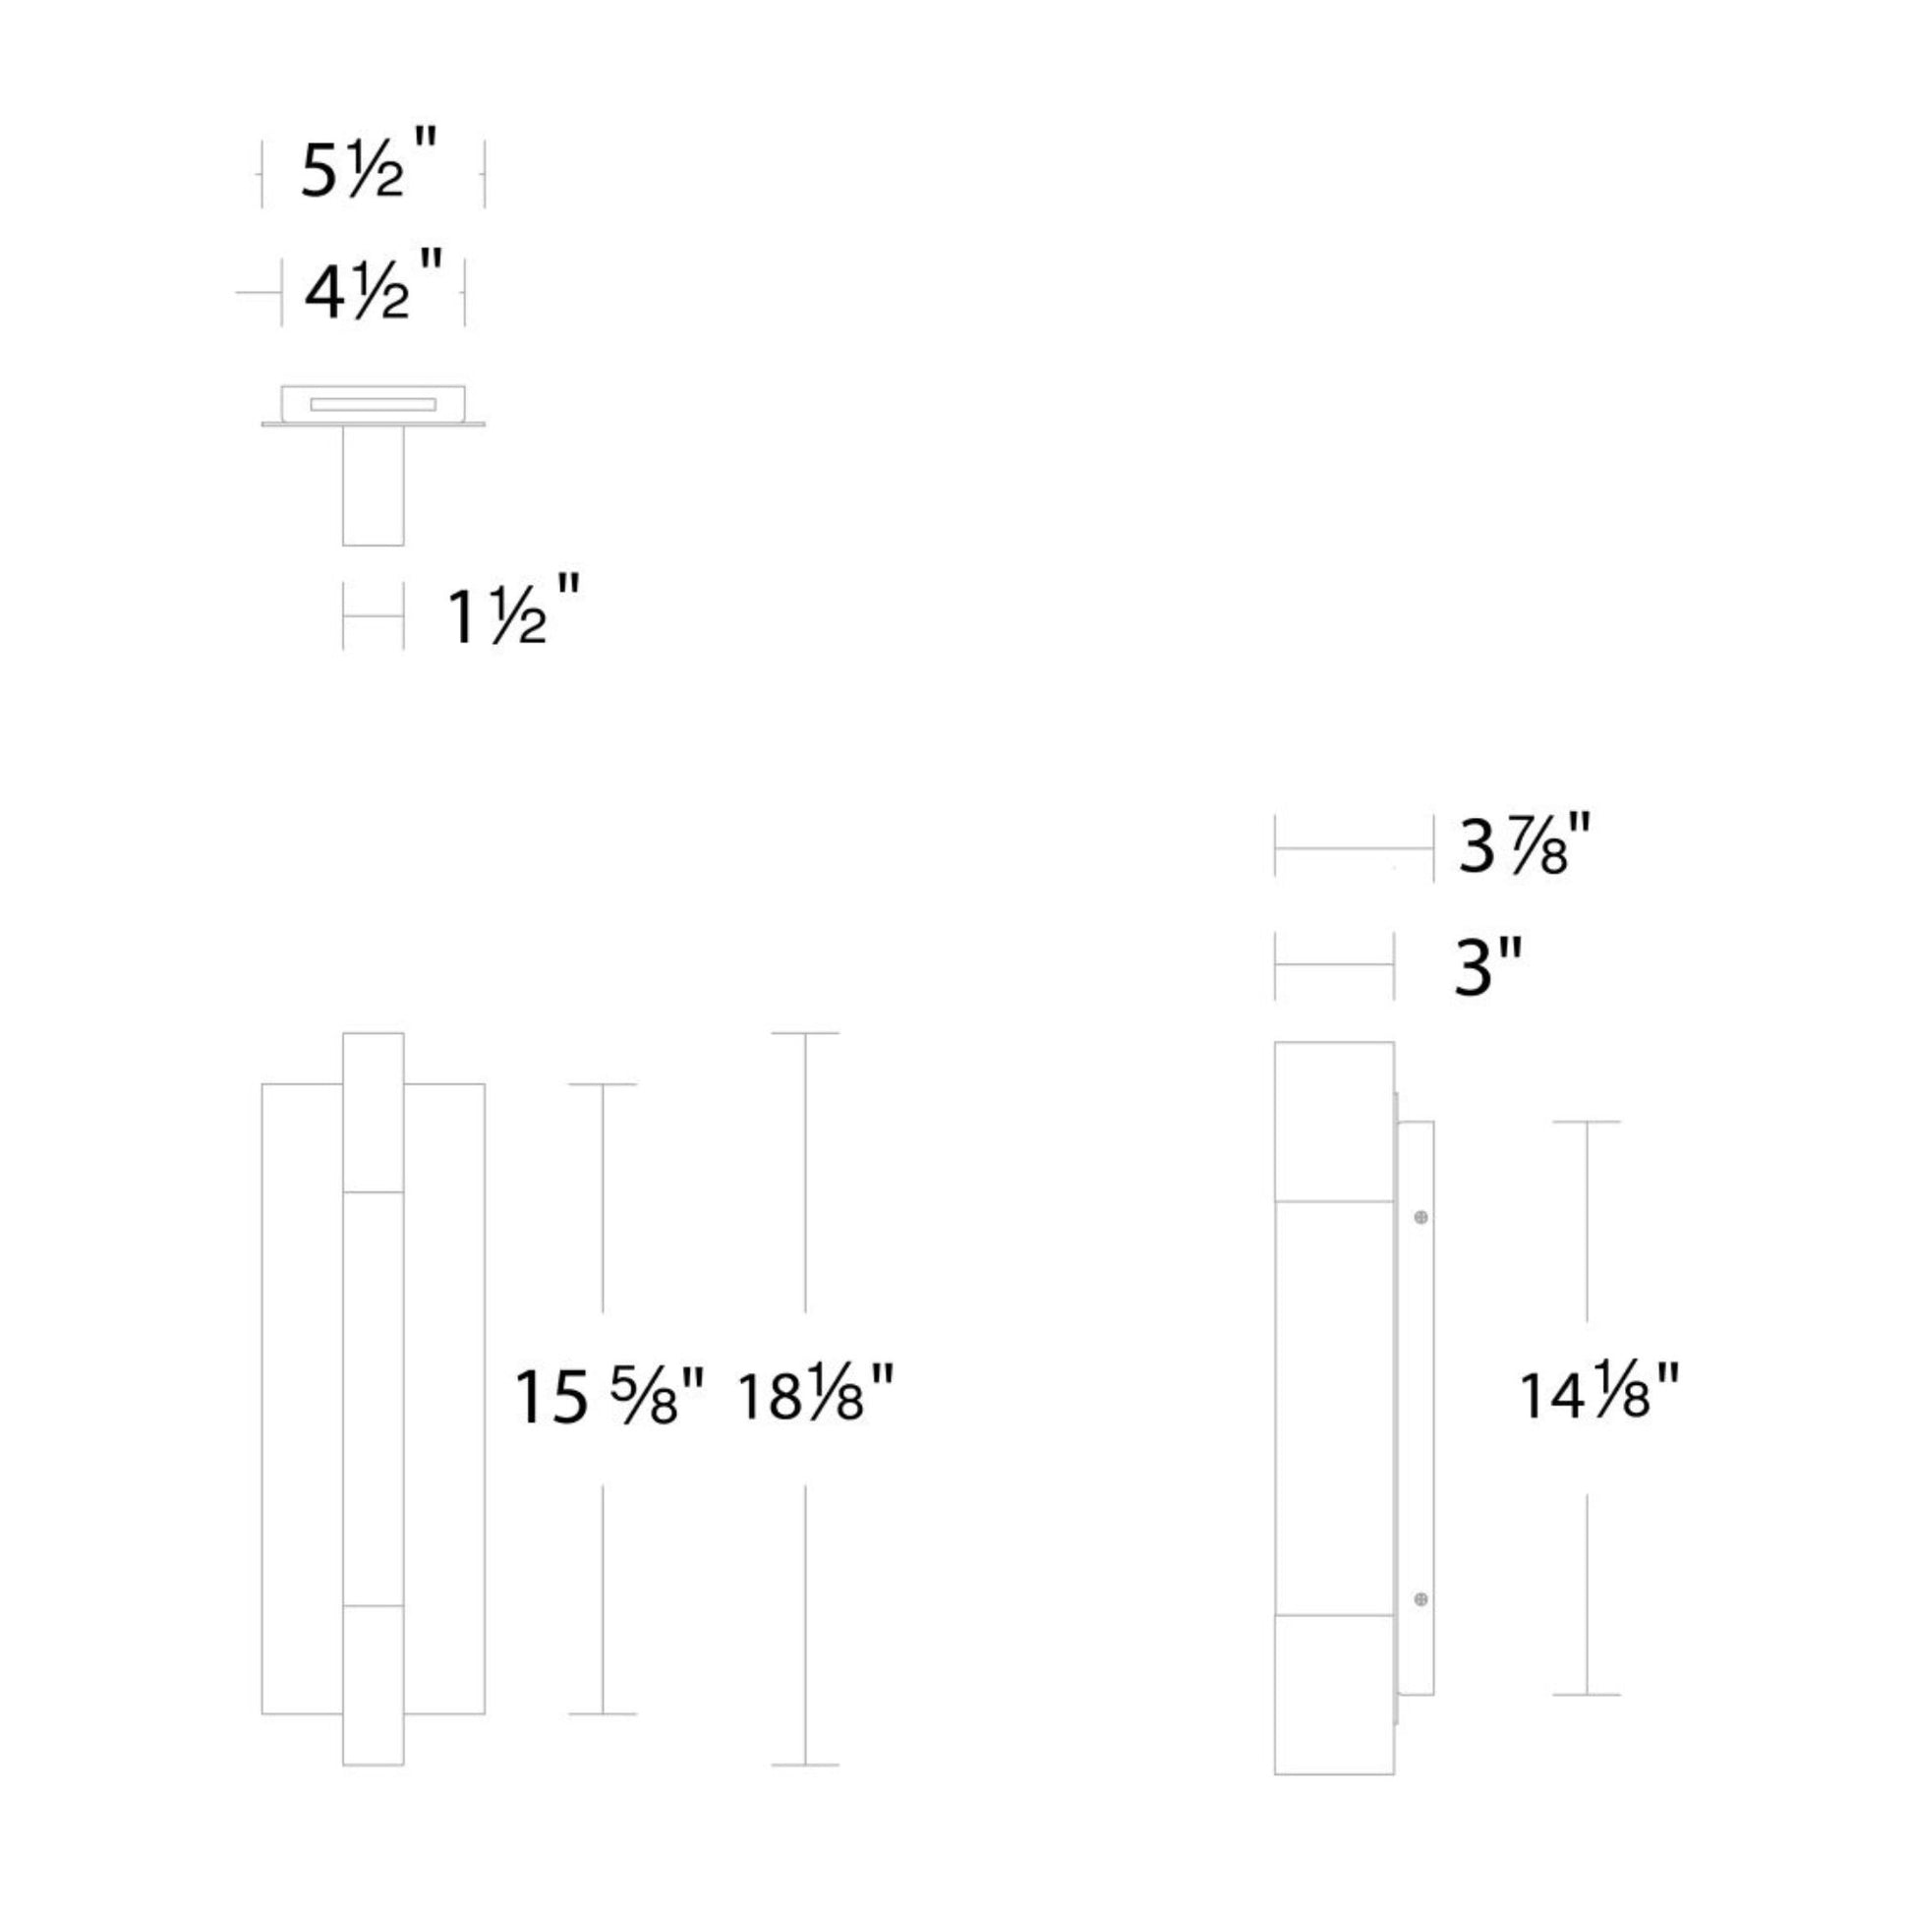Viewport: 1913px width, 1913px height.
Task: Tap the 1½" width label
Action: (x=512, y=610)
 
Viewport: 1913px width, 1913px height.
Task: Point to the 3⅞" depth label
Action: (x=1524, y=844)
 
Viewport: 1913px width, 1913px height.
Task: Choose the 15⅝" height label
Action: (x=609, y=1397)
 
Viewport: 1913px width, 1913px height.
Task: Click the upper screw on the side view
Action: (x=1420, y=1217)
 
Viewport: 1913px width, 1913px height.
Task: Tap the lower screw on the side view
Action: (x=1420, y=1599)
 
